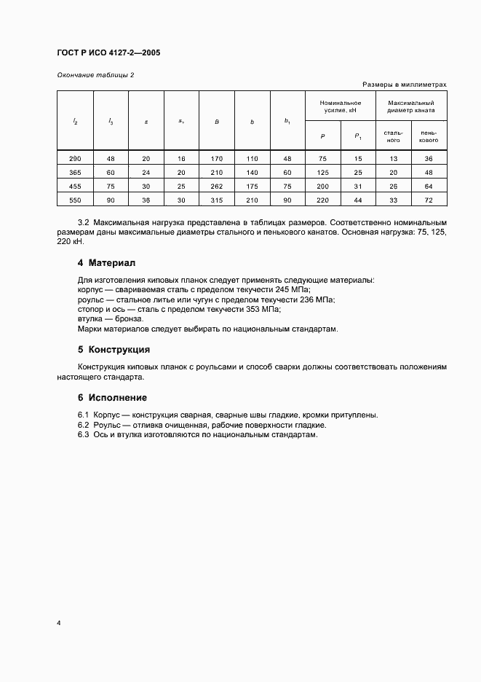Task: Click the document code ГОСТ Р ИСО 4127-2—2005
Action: [108, 53]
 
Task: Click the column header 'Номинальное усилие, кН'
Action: [341, 108]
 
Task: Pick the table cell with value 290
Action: [75, 158]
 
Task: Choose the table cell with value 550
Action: [75, 200]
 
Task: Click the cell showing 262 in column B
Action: [216, 186]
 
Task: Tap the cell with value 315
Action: [216, 200]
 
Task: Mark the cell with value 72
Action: [429, 200]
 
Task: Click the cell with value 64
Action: [429, 186]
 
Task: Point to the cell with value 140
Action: [252, 172]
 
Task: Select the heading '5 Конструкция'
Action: [114, 349]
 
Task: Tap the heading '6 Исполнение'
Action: [112, 397]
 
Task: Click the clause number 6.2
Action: [83, 425]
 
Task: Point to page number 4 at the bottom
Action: [58, 624]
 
